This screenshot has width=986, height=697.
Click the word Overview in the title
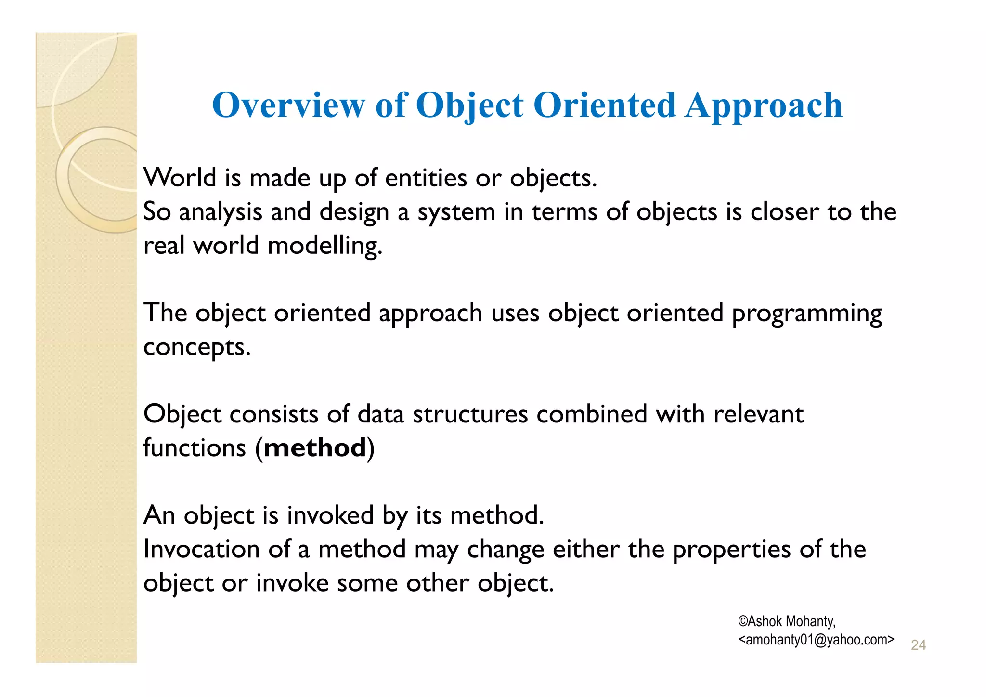click(288, 105)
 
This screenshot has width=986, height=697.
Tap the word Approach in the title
click(764, 106)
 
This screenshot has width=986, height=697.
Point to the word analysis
click(220, 212)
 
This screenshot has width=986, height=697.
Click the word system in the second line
click(456, 212)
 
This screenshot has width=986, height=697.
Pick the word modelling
click(324, 246)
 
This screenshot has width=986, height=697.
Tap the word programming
click(806, 314)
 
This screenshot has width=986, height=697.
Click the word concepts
click(196, 347)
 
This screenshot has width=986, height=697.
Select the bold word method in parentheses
click(315, 448)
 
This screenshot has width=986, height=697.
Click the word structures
click(470, 414)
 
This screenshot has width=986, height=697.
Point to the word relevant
click(758, 414)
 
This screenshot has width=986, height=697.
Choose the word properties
click(731, 549)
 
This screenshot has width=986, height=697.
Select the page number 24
click(918, 645)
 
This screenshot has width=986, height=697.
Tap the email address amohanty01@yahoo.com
click(816, 640)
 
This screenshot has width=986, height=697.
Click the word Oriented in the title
click(604, 105)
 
